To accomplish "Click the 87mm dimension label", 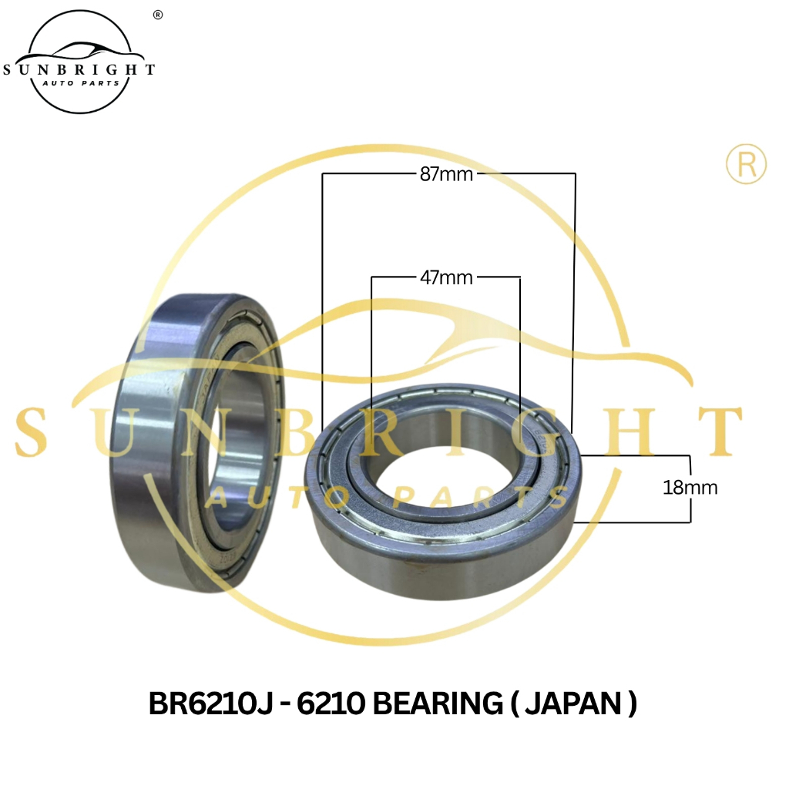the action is pos(446,174).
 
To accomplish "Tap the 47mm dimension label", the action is pos(446,277).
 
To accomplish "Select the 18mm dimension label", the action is pos(690,487).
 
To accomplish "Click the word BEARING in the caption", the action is pos(438,703).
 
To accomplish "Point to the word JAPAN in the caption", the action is pos(573,703).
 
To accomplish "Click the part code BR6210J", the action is pos(211,703).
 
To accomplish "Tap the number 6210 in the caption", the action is pos(331,703).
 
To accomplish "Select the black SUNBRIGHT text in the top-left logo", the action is pos(79,69).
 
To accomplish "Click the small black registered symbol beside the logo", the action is pos(158,15).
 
